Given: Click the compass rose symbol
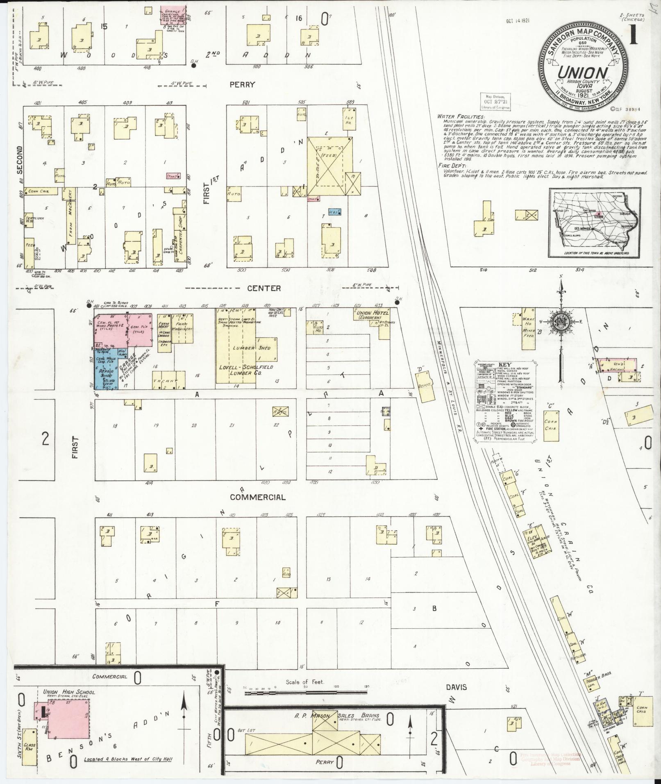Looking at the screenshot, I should click(561, 321).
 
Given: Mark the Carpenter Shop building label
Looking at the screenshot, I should click(179, 227).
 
